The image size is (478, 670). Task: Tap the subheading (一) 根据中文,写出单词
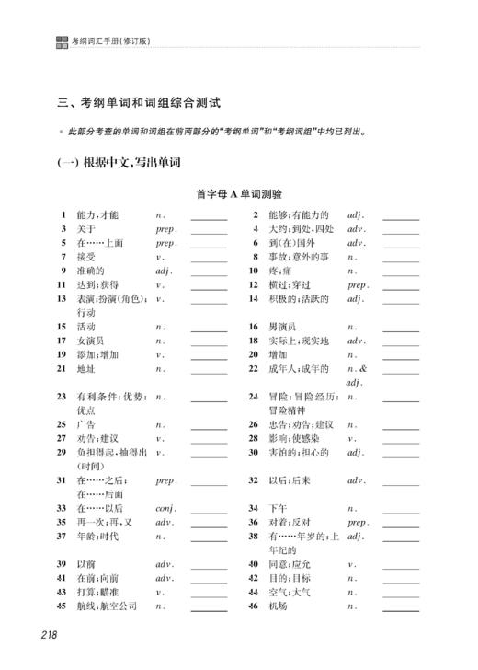coord(117,163)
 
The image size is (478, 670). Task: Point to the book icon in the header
coord(62,40)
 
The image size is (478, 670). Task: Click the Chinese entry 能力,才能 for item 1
coord(97,214)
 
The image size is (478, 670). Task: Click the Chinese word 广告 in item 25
coord(85,424)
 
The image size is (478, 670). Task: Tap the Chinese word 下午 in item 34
coord(278,507)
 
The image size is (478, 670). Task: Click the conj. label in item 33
coord(166,507)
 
